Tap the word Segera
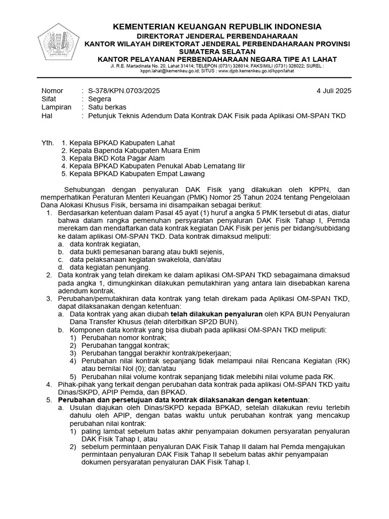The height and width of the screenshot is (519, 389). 100,99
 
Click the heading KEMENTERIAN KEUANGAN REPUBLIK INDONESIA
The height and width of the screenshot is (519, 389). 217,26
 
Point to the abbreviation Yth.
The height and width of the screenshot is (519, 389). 47,143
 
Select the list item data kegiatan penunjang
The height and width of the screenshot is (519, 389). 103,267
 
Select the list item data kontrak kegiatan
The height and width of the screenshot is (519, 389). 98,244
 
